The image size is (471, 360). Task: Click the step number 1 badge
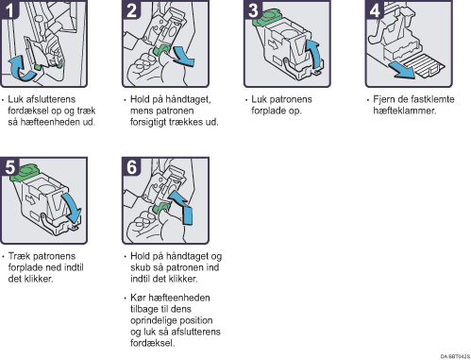9,9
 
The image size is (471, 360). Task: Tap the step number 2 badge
131,9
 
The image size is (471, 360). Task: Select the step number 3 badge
253,9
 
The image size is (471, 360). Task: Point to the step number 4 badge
375,9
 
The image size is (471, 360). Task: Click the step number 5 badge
9,166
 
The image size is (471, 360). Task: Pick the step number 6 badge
131,166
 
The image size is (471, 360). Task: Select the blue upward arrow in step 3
314,54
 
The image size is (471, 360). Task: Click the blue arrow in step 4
401,70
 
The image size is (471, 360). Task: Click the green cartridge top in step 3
266,17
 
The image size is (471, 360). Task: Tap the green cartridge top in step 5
25,172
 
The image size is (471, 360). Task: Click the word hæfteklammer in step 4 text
405,111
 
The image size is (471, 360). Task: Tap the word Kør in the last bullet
138,298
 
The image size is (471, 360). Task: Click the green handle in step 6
161,208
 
